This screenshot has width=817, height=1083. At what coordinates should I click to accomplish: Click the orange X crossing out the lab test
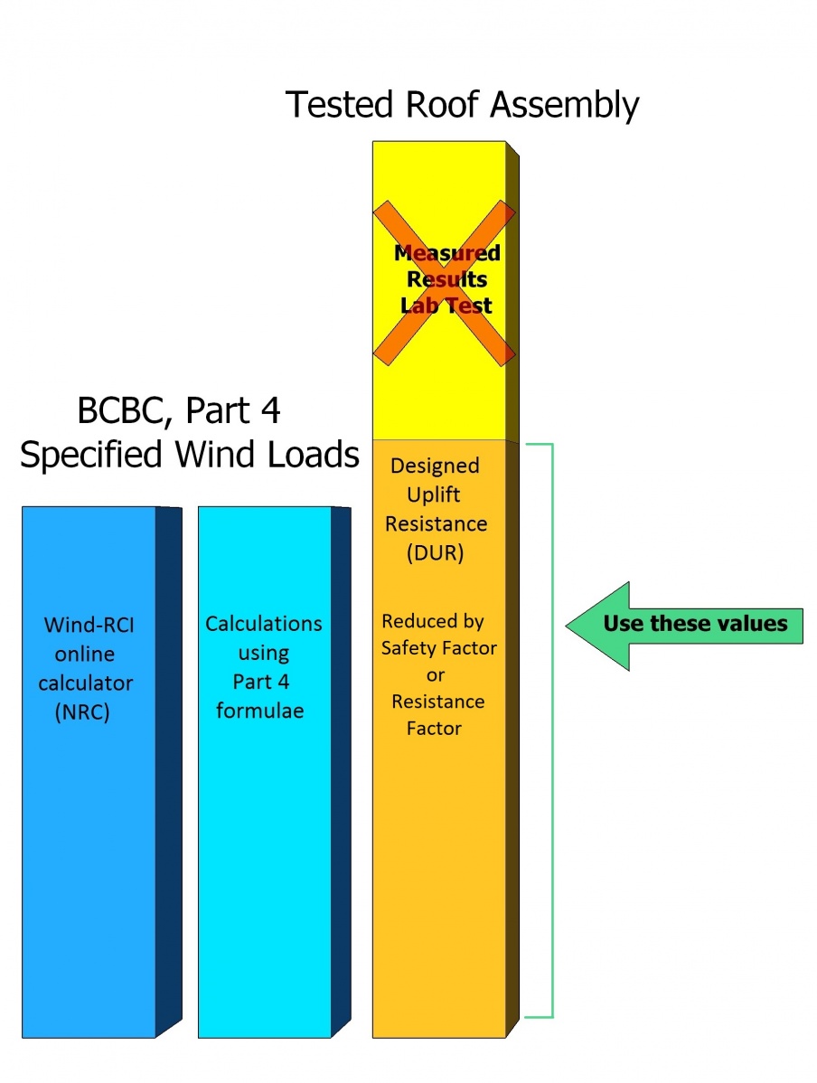pyautogui.click(x=445, y=282)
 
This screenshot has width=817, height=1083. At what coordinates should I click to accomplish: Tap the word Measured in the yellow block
pyautogui.click(x=447, y=253)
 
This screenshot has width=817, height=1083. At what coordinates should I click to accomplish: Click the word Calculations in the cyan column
pyautogui.click(x=263, y=624)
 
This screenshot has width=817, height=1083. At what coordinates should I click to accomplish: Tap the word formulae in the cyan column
pyautogui.click(x=260, y=711)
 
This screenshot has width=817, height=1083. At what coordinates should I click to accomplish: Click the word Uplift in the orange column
pyautogui.click(x=434, y=495)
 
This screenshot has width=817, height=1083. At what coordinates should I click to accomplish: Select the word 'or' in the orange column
pyautogui.click(x=436, y=674)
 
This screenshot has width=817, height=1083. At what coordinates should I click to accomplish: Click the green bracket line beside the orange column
pyautogui.click(x=551, y=723)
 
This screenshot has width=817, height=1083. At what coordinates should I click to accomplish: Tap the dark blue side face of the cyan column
pyautogui.click(x=342, y=768)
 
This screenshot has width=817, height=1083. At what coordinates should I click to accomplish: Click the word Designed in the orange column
pyautogui.click(x=434, y=466)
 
